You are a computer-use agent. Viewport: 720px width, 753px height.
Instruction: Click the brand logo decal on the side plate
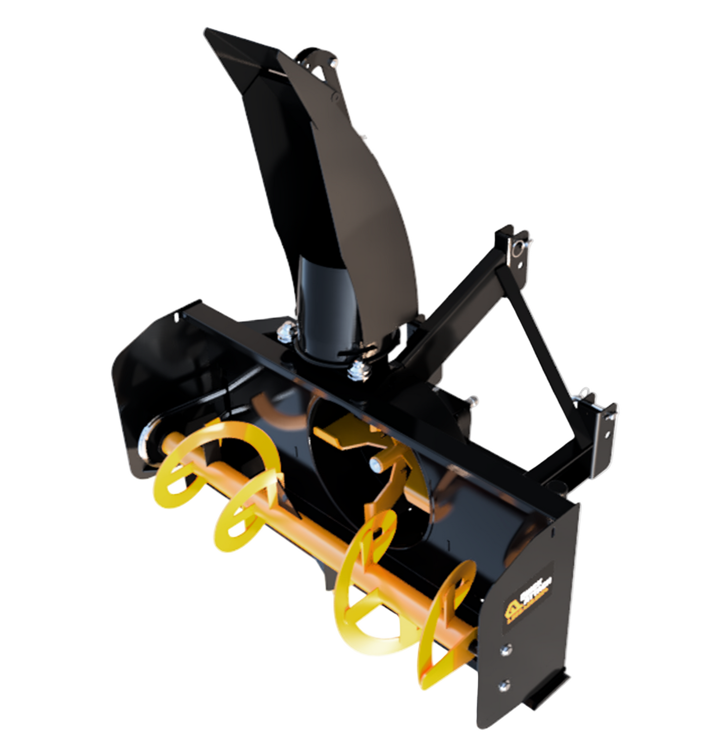click(528, 598)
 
